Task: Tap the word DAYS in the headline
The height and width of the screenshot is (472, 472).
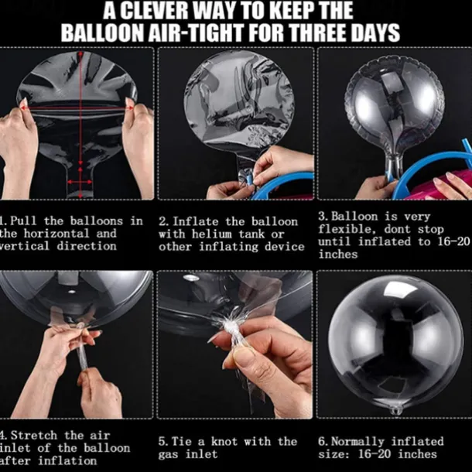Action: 375,32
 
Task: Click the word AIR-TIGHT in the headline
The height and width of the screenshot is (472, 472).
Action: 195,32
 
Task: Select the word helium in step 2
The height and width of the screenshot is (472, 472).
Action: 212,234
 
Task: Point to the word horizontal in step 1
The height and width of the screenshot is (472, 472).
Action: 56,233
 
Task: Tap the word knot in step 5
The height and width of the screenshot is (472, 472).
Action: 224,441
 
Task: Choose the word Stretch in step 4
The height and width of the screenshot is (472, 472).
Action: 34,436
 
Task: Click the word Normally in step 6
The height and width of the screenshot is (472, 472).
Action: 357,442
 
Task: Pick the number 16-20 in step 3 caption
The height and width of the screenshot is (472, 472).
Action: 453,241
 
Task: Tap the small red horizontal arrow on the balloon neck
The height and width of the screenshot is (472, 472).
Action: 80,182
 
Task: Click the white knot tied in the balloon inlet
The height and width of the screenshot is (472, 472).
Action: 231,326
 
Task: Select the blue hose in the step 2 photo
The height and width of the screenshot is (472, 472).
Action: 280,183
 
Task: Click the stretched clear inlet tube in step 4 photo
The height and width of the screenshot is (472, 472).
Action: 82,355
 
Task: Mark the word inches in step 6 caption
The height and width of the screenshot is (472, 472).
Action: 418,454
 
